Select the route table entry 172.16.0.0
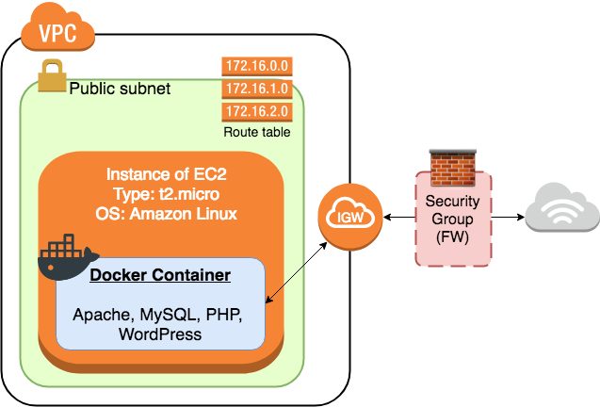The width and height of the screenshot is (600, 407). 256,68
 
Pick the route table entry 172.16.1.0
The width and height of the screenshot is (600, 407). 256,90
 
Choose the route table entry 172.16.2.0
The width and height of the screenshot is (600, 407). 256,113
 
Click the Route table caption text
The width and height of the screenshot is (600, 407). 256,133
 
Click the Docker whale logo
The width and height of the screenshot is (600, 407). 67,257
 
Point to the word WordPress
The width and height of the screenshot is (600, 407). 160,334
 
